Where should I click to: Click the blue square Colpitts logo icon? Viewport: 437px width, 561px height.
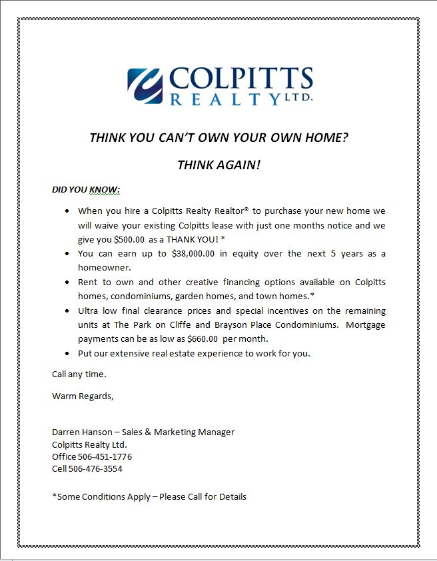pos(145,86)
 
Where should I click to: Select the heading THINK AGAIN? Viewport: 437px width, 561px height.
pos(219,165)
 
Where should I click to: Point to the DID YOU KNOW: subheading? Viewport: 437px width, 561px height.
pos(86,190)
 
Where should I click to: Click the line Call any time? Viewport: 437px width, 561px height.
pos(79,374)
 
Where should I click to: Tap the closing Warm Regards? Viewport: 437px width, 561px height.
pos(83,396)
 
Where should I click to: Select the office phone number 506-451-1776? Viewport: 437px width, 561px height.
pos(105,457)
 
